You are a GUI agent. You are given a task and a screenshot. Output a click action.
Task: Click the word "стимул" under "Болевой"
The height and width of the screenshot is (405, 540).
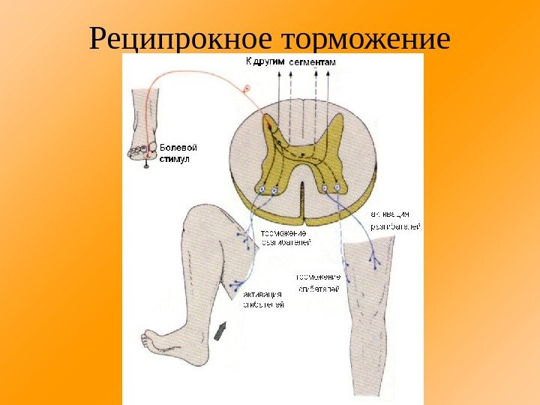pyautogui.click(x=175, y=159)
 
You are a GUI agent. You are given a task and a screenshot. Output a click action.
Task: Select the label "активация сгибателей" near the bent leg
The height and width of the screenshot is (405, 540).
pyautogui.click(x=262, y=299)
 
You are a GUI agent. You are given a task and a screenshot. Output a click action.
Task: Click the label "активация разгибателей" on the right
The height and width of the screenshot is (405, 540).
pyautogui.click(x=395, y=220)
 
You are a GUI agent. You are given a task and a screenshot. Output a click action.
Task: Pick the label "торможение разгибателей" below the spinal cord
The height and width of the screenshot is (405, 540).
pyautogui.click(x=286, y=238)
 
